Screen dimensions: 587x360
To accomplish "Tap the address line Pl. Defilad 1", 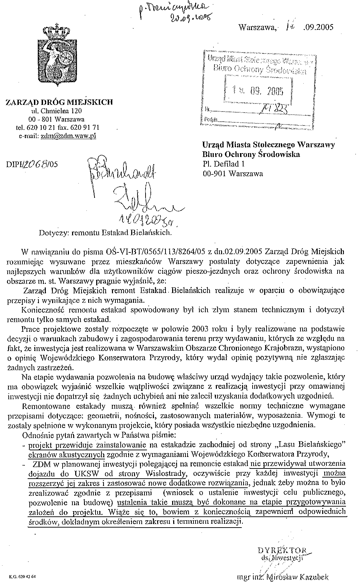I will [224, 163].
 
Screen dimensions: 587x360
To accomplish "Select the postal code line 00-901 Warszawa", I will [233, 173].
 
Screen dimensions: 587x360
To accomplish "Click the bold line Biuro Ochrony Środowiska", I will [251, 154].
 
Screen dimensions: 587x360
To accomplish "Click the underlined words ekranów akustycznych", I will [67, 454].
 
